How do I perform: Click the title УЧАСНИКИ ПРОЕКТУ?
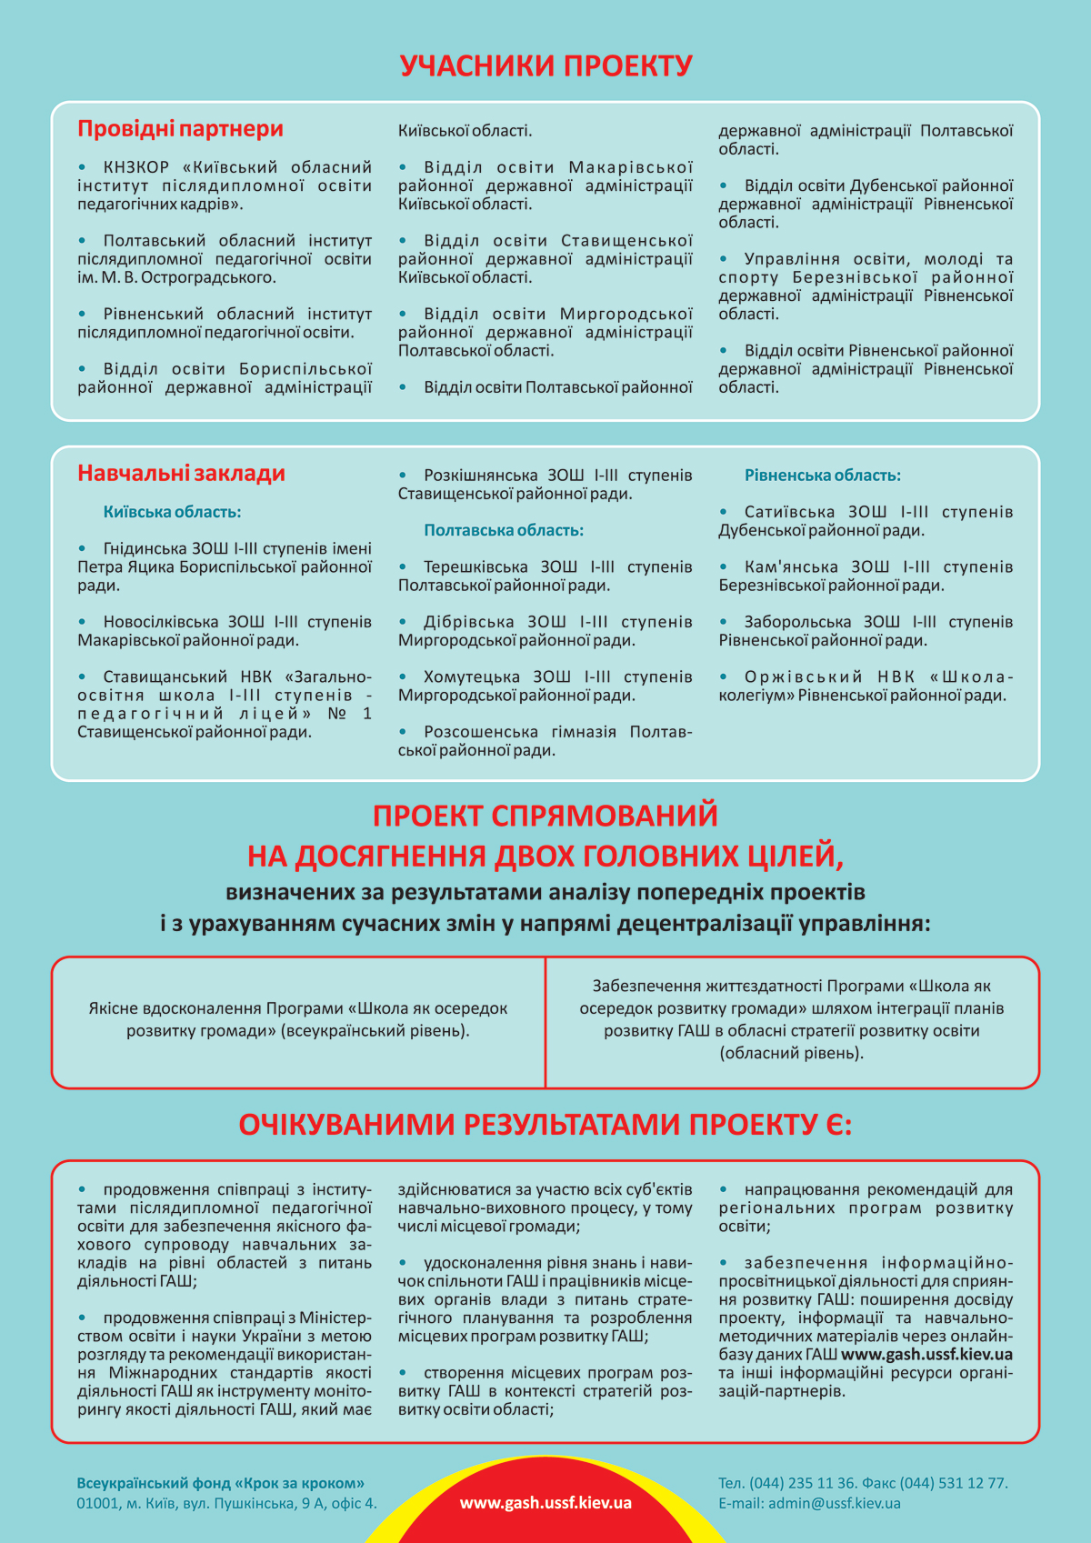click(x=545, y=66)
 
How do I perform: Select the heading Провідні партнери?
click(x=180, y=129)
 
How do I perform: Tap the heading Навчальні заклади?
click(x=181, y=473)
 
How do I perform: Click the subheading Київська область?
click(x=172, y=512)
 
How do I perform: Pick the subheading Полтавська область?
click(x=504, y=530)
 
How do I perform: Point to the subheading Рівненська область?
click(x=822, y=476)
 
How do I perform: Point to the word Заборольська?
click(x=797, y=623)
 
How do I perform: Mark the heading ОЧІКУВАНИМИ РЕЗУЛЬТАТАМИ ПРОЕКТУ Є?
click(x=545, y=1125)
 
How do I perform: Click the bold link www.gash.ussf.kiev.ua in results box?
click(x=926, y=1355)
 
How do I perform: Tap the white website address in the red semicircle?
click(x=545, y=1503)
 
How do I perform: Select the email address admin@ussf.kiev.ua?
click(x=834, y=1503)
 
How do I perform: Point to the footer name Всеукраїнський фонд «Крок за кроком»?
click(x=221, y=1483)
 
